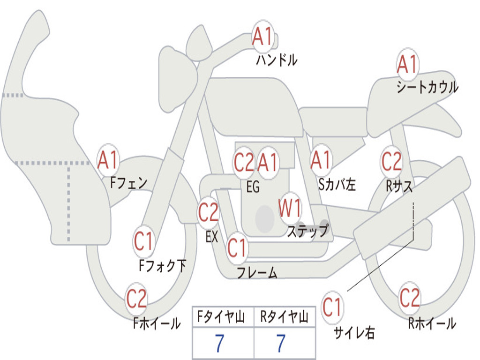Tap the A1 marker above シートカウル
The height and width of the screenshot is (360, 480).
click(407, 64)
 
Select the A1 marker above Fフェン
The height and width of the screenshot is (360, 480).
click(108, 160)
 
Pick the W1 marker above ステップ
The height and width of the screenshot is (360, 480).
click(290, 209)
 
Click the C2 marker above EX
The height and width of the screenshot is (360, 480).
click(208, 213)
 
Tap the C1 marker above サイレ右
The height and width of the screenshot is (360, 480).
click(332, 308)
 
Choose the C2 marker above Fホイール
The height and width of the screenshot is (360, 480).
click(136, 299)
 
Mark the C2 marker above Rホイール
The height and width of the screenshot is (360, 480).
click(409, 298)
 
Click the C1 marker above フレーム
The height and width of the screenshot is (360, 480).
click(237, 247)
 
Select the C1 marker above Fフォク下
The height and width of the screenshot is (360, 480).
click(143, 242)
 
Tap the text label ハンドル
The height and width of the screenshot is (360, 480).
click(277, 60)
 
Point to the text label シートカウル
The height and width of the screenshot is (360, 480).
click(427, 88)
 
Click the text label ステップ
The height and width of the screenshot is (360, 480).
click(307, 231)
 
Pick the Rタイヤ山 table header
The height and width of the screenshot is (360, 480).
click(284, 318)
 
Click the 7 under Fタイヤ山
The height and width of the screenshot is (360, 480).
click(219, 344)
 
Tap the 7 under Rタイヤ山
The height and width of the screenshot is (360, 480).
click(281, 344)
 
